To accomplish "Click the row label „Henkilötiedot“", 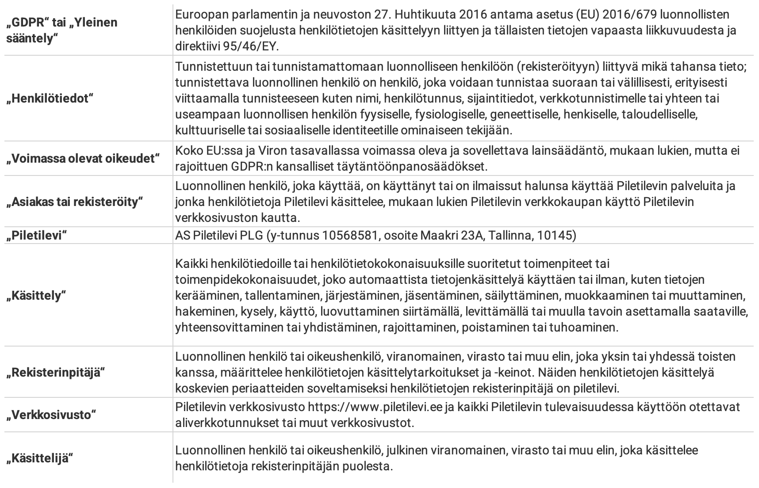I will click(x=50, y=99).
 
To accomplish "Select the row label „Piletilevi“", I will click(x=36, y=236).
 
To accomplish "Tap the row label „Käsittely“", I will click(x=36, y=295).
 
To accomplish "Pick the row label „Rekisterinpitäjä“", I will click(x=55, y=373).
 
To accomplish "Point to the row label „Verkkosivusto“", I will click(x=51, y=415).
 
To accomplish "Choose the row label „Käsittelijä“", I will click(x=39, y=458).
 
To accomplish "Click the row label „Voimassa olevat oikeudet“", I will click(x=82, y=159).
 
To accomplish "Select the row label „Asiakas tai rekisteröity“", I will click(x=75, y=202).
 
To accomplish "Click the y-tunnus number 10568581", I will click(x=352, y=236).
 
